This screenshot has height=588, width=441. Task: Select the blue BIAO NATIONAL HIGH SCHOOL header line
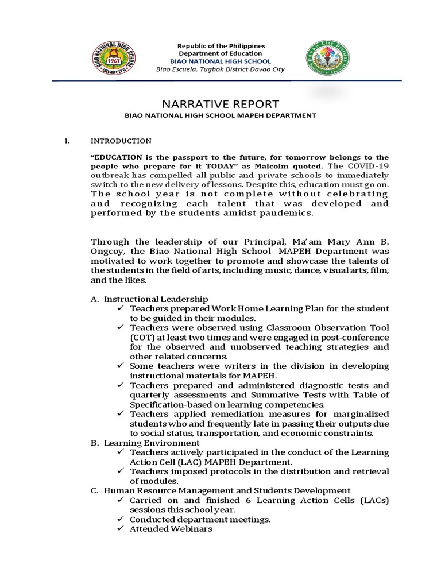pos(221,61)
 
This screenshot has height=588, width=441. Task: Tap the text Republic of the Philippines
pos(221,45)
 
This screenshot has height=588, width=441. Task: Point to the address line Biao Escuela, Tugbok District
pos(221,69)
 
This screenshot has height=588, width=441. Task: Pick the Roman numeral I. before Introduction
pos(67,141)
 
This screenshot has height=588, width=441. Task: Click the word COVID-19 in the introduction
pos(369,166)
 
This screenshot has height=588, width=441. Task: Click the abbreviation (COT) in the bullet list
pos(142,336)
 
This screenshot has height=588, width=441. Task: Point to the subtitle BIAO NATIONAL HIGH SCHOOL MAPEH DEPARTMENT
pos(221,115)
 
